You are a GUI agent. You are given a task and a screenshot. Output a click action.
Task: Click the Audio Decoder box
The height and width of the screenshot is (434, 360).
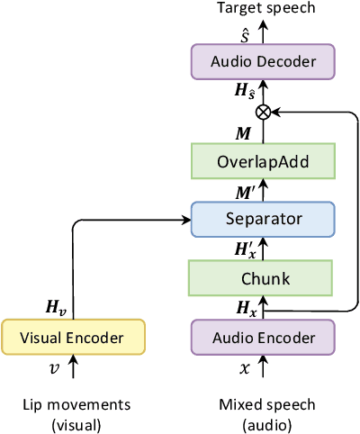(262, 63)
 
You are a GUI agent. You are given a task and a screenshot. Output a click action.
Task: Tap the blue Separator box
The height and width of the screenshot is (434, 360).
(262, 218)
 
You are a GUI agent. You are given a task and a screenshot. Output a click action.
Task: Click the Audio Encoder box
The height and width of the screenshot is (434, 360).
(262, 338)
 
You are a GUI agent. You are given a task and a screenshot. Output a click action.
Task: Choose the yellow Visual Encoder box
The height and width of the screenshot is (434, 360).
(73, 338)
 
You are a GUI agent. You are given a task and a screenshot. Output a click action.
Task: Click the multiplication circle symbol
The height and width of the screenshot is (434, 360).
(263, 112)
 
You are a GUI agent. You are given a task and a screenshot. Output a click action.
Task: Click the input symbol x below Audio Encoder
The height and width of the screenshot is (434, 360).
(245, 369)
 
